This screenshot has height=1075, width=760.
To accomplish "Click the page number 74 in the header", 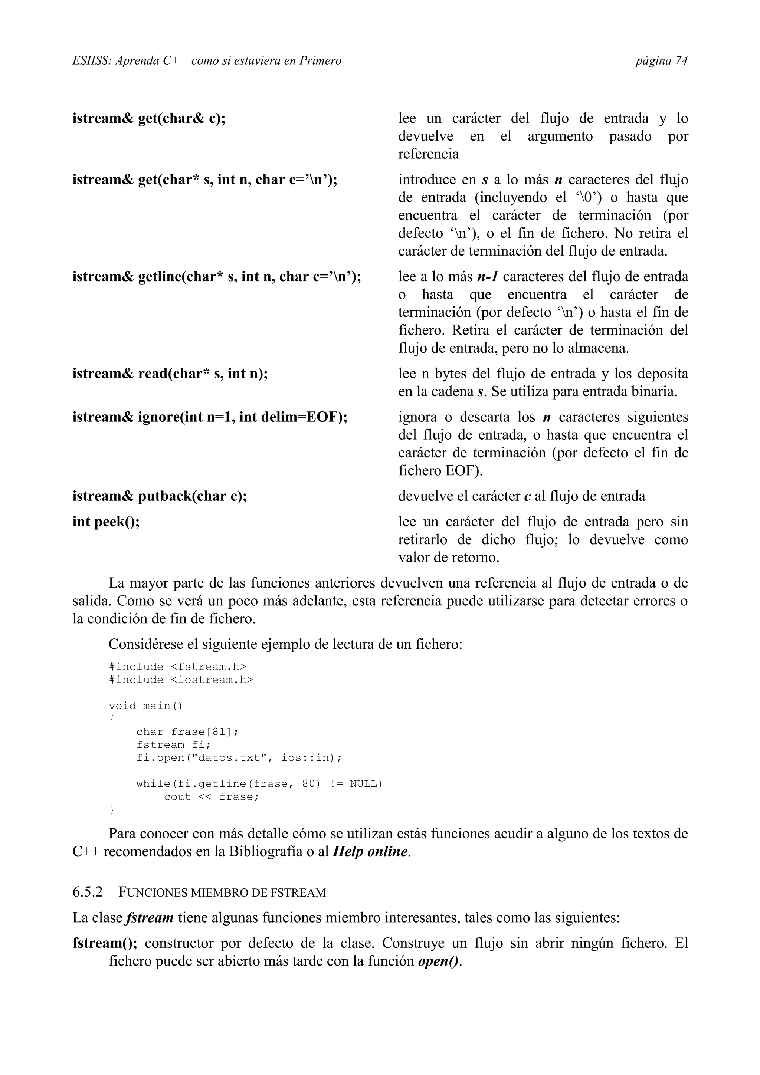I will click(x=681, y=61).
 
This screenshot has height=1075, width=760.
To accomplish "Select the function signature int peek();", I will click(x=106, y=522).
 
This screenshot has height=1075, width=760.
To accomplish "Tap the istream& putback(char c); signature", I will click(x=159, y=496).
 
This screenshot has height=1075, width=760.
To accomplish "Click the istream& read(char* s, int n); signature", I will click(x=170, y=374).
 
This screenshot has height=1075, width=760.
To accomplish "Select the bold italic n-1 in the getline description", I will click(x=487, y=277).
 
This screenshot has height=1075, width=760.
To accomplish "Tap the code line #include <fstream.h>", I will click(x=177, y=667).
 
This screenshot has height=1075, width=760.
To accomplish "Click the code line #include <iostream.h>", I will click(x=180, y=680).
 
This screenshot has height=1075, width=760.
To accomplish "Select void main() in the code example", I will click(x=145, y=706).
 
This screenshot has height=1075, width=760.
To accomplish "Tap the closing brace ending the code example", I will click(x=111, y=810).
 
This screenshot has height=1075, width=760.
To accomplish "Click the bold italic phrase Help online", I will click(x=370, y=852).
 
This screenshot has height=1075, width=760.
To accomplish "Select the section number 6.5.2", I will click(x=88, y=892).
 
